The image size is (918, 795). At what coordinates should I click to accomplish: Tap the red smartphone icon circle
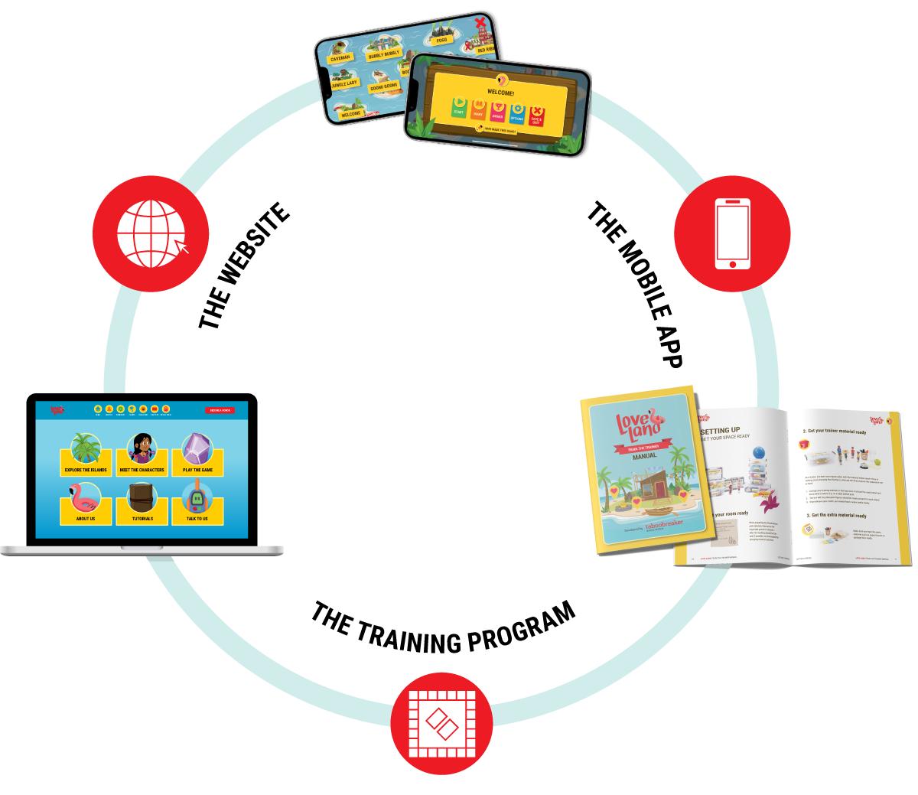[x=731, y=233]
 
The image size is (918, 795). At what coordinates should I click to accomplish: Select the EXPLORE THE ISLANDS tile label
[x=86, y=470]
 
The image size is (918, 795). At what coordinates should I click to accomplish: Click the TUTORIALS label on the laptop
[x=142, y=519]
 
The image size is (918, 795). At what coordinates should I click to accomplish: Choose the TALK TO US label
[x=197, y=519]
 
